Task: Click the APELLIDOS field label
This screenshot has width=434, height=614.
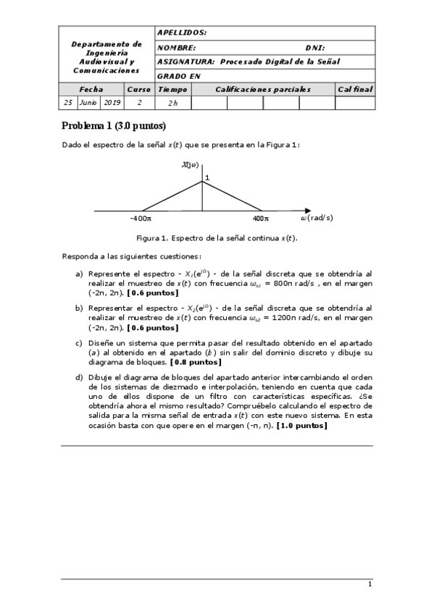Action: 182,33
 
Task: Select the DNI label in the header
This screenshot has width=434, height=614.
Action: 315,48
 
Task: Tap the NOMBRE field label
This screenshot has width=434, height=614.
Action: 176,48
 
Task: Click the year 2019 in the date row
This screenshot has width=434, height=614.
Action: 112,103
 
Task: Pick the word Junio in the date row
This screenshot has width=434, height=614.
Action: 88,103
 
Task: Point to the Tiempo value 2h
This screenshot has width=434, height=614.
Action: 172,104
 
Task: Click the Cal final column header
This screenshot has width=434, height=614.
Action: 355,90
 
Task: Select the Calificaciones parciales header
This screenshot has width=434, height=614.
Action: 262,90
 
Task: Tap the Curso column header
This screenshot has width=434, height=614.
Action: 138,90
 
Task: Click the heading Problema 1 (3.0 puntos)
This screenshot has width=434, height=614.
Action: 114,126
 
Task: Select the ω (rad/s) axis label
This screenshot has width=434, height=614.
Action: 317,217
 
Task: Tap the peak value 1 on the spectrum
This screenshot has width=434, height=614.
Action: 207,178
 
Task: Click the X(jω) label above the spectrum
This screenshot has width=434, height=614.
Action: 190,166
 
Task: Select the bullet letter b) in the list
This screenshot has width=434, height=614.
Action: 79,308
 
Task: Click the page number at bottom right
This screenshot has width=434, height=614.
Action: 370,585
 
